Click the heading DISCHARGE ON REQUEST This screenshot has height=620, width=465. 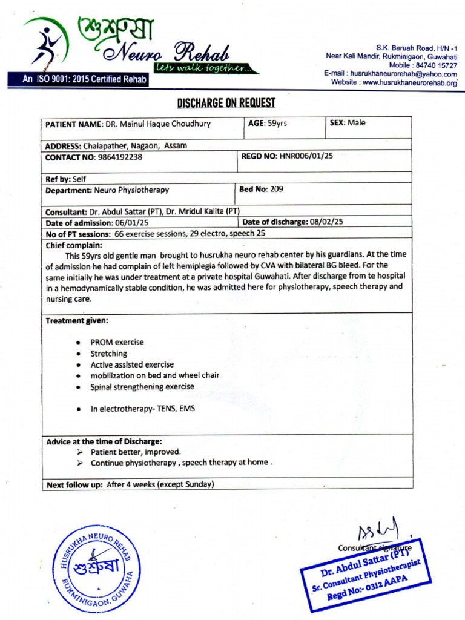(x=226, y=102)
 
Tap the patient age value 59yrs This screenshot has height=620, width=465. (x=277, y=123)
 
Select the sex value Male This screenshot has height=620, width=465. (x=356, y=123)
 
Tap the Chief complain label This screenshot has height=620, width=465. (x=74, y=245)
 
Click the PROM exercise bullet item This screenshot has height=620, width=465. (x=117, y=342)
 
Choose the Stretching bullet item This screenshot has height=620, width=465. (x=109, y=354)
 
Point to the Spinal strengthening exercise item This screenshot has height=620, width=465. (x=142, y=387)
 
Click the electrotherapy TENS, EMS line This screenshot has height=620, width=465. (x=143, y=409)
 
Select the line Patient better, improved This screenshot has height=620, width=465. (x=136, y=452)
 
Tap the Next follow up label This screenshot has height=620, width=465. (x=74, y=484)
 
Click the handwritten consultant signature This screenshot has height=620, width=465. (x=379, y=530)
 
